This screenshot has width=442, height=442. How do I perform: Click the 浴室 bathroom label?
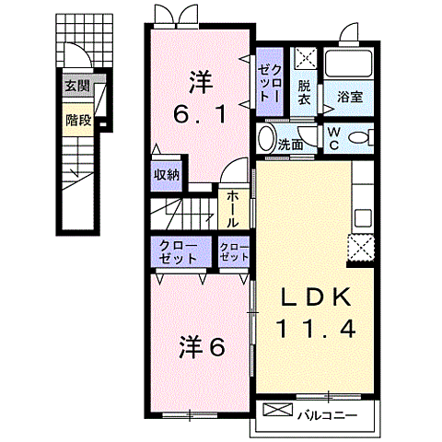tap(350, 97)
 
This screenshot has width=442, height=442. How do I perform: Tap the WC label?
tap(333, 138)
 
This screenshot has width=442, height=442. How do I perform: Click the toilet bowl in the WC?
tap(361, 138)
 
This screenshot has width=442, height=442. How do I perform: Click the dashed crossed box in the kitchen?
tap(360, 247)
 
